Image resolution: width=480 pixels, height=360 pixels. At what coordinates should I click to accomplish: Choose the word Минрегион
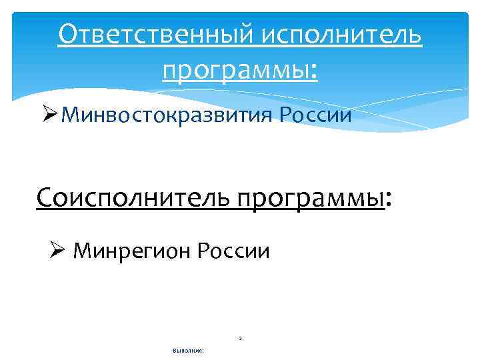(x=130, y=251)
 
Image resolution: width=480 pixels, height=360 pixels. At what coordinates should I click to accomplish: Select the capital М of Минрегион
(x=82, y=251)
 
